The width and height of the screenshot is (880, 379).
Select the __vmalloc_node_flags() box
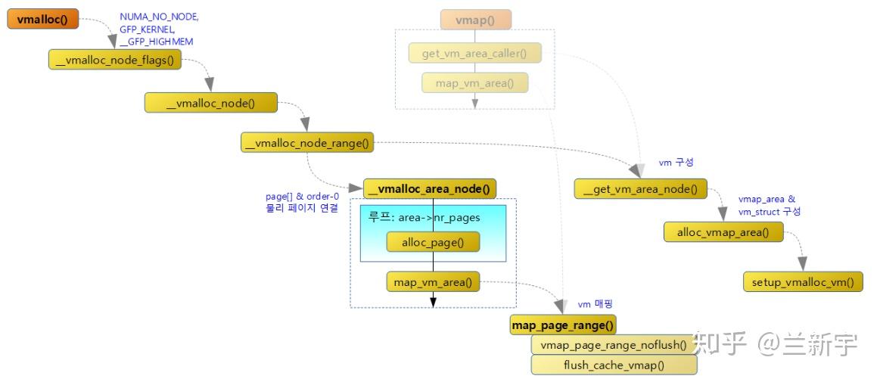pos(115,61)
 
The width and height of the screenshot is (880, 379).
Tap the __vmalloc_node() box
pos(211,103)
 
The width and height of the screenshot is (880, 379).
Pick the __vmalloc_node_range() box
pos(307,142)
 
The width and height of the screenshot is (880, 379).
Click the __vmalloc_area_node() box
pos(430,188)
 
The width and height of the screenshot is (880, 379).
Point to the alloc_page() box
pos(433,241)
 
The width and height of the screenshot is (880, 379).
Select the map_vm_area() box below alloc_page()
pos(433,282)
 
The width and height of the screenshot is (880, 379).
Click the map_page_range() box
pos(563,325)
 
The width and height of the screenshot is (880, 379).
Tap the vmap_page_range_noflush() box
pos(613,345)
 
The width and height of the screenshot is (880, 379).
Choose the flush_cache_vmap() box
pos(613,365)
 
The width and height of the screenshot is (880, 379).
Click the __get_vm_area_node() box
pos(639,188)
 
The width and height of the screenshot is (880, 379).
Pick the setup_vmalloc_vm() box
pos(803,282)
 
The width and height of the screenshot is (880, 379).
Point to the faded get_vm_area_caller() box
pos(474,54)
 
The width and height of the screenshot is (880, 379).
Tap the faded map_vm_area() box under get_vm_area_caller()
pos(474,83)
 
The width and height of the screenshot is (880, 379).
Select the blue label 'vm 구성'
pos(676,163)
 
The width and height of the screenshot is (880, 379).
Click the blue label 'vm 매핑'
pos(595,304)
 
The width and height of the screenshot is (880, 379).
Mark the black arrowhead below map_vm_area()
pos(433,302)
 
